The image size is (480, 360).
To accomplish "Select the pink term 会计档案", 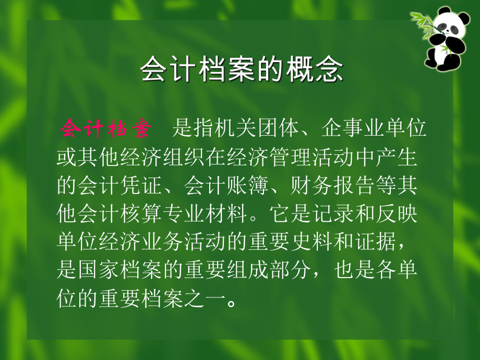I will [x=105, y=128].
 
